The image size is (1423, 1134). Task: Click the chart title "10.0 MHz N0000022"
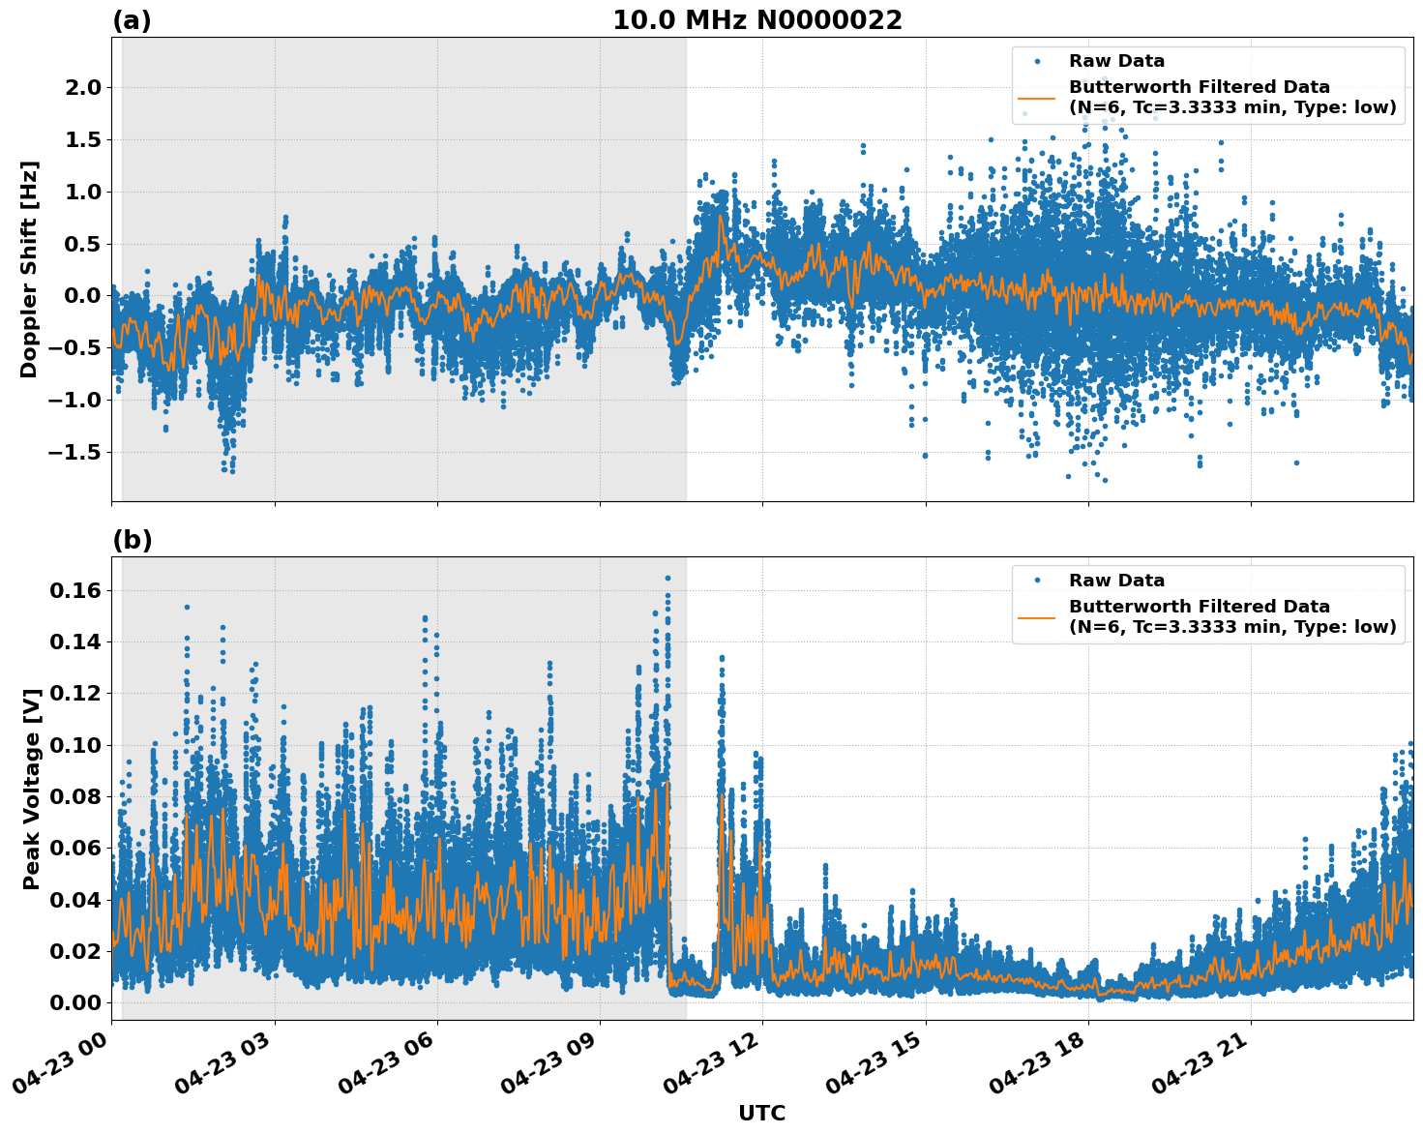point(756,20)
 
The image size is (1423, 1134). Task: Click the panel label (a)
point(132,20)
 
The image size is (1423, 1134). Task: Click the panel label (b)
point(132,540)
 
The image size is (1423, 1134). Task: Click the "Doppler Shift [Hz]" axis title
point(29,269)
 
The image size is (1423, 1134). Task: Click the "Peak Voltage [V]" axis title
point(32,789)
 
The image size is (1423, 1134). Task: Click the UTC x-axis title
point(761,1113)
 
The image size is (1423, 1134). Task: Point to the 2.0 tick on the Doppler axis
point(80,88)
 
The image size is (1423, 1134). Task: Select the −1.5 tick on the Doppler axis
point(74,453)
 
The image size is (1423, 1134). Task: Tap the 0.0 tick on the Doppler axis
point(80,296)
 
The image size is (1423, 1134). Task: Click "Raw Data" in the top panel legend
point(1116,62)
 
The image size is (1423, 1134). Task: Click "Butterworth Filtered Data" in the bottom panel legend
point(1199,607)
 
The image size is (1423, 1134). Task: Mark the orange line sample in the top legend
point(1037,98)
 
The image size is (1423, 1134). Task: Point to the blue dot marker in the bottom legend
point(1037,581)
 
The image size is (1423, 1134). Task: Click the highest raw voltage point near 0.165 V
point(667,578)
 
